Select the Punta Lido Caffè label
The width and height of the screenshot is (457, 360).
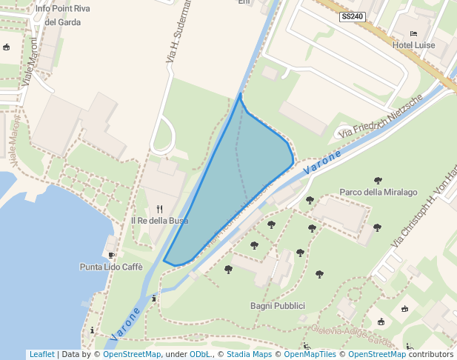(111, 267)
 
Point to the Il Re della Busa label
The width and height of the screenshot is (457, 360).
(159, 221)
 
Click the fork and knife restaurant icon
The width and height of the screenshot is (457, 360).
(159, 209)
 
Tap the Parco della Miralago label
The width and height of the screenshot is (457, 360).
(378, 193)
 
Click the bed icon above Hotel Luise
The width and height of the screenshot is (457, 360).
(413, 34)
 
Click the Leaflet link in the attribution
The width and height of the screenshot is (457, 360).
(42, 354)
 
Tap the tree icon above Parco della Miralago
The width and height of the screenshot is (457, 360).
(378, 181)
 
